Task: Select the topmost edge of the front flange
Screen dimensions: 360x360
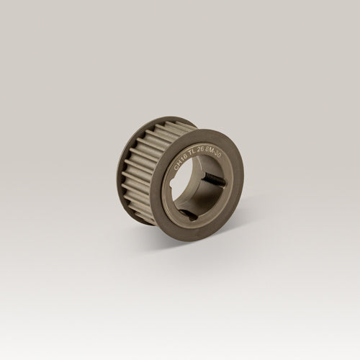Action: (209, 130)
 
